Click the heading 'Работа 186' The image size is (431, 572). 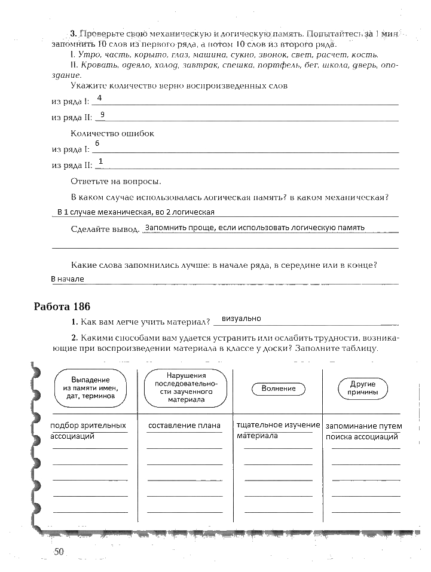pos(62,307)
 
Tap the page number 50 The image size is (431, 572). pos(58,552)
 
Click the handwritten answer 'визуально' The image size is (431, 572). pos(242,319)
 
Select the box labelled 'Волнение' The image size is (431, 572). pos(279,389)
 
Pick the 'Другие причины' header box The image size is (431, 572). pos(363,389)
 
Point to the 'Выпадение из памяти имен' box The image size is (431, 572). pos(90,388)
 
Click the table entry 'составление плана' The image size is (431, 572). pos(184,426)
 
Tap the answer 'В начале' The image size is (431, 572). pos(68,279)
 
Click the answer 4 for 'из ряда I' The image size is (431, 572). pos(99,97)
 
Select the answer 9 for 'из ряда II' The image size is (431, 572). pos(103,114)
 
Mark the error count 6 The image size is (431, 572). pos(97,144)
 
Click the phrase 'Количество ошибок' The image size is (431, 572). pos(112,133)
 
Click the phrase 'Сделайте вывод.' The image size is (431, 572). pos(105,229)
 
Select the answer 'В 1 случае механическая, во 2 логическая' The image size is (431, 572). pos(136,212)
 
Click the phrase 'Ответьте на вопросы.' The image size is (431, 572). pos(116,181)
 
